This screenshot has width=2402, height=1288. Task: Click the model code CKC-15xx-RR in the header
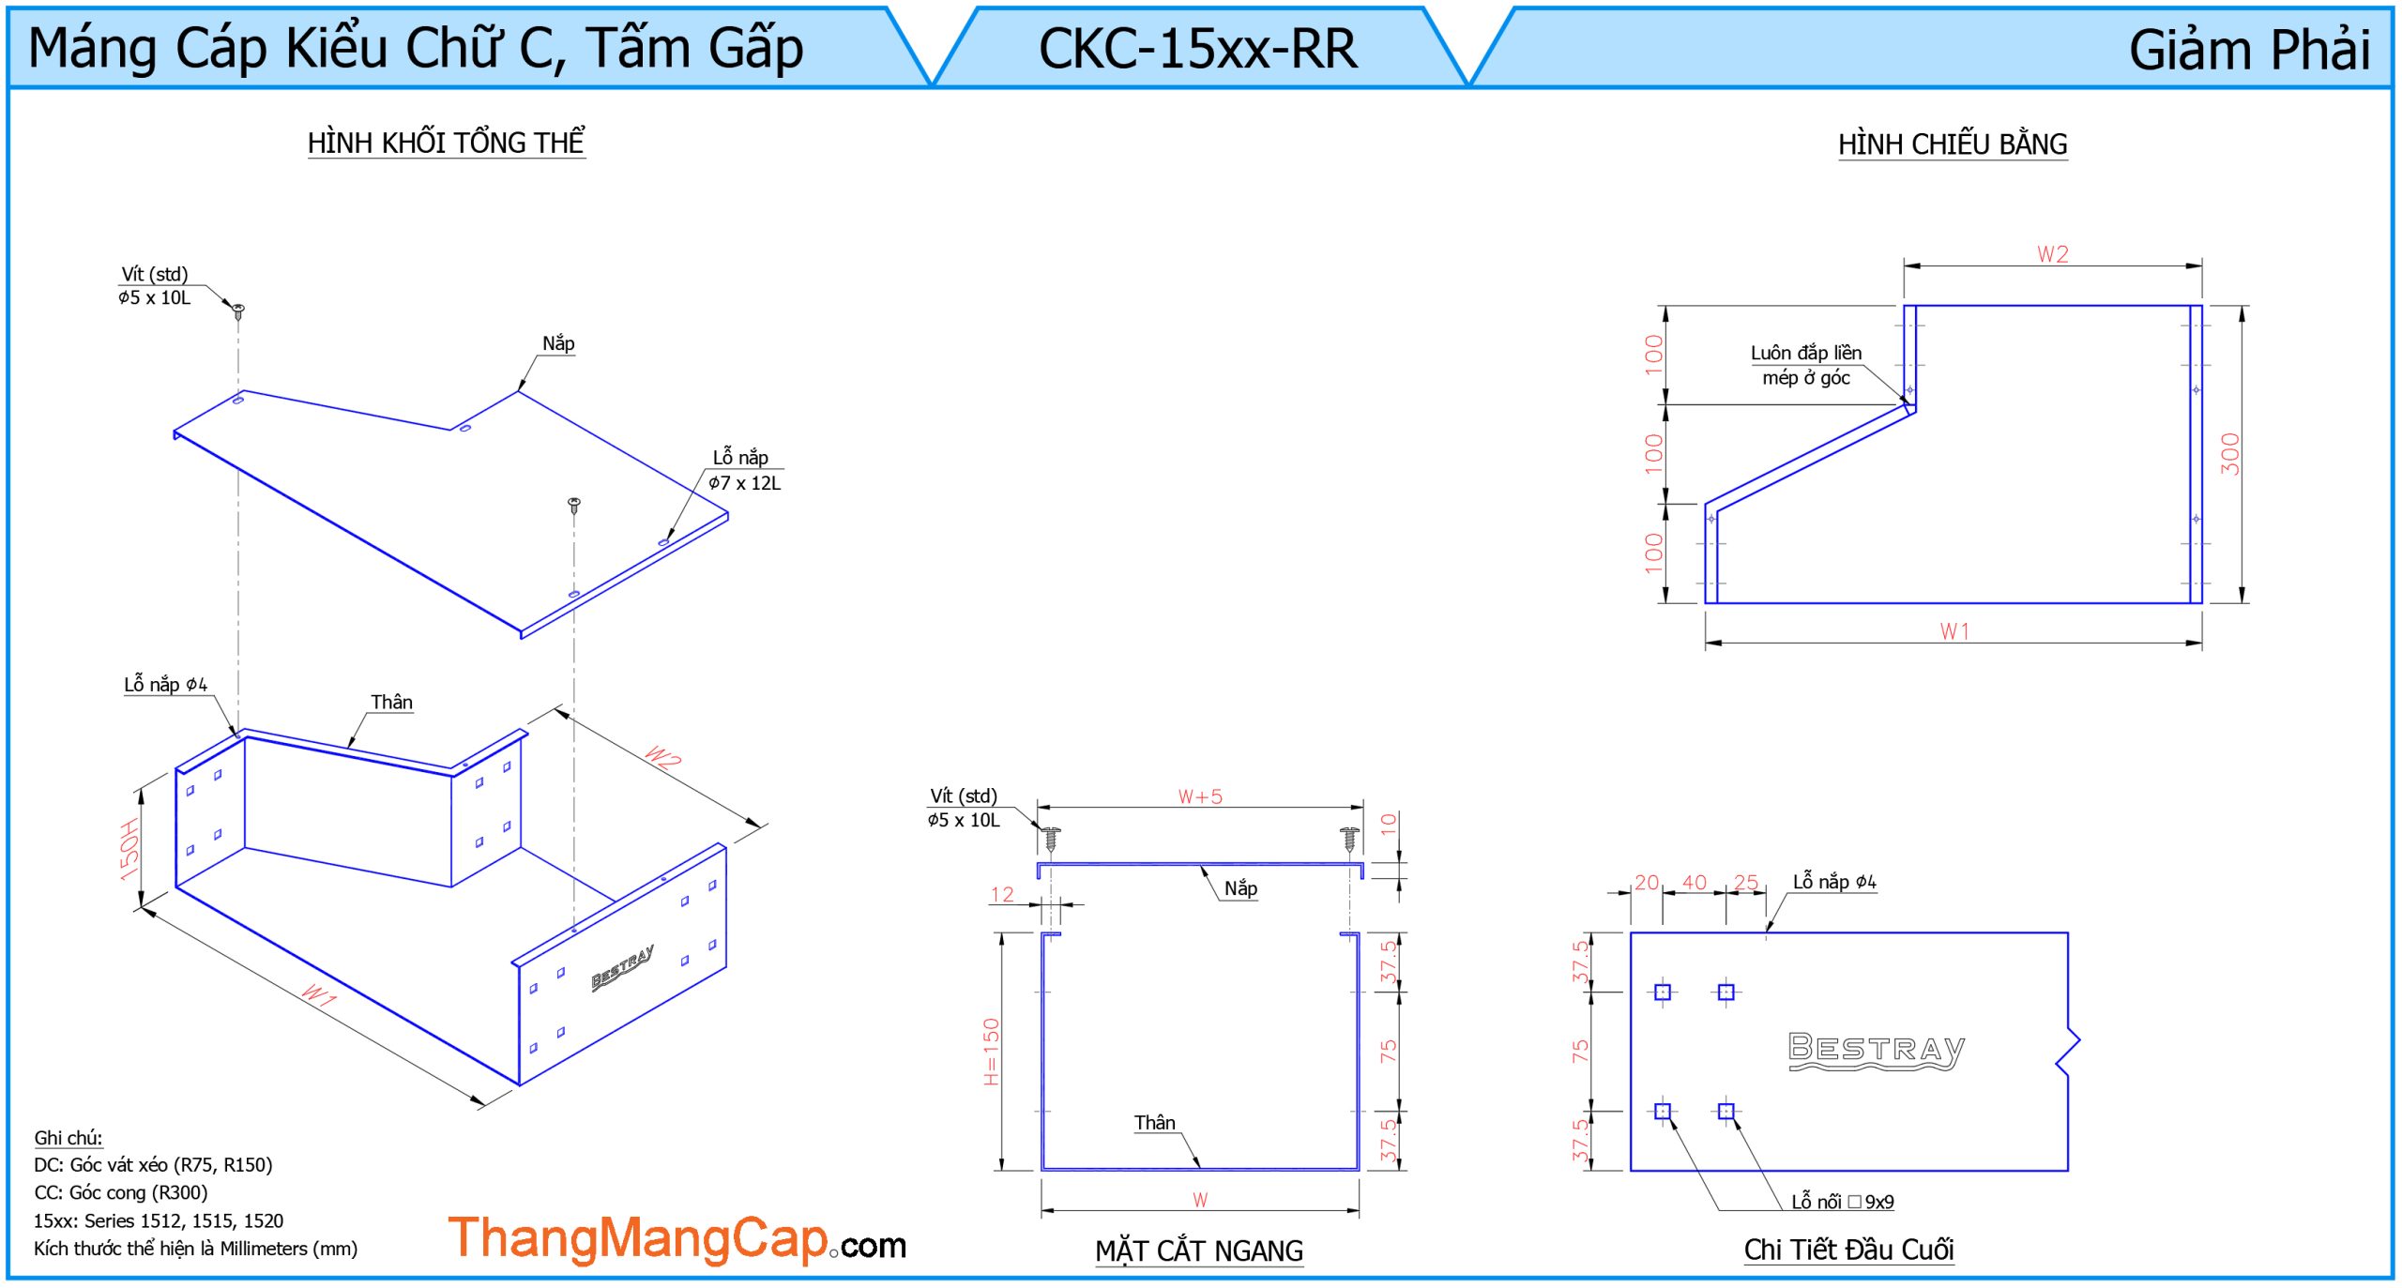pyautogui.click(x=1197, y=49)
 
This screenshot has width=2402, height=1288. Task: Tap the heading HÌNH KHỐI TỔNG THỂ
pyautogui.click(x=446, y=143)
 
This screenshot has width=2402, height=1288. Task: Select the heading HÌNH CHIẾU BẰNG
pyautogui.click(x=1952, y=144)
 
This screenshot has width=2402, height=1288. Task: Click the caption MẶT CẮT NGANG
pyautogui.click(x=1198, y=1250)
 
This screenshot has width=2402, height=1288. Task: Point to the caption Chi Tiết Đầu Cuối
pyautogui.click(x=1848, y=1249)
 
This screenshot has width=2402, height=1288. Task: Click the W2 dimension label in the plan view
pyautogui.click(x=2052, y=254)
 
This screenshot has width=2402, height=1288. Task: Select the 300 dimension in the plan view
pyautogui.click(x=2230, y=454)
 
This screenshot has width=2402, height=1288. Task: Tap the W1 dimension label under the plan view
pyautogui.click(x=1954, y=631)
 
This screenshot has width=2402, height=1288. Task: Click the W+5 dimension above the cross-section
pyautogui.click(x=1200, y=796)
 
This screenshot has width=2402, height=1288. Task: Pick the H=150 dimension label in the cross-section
pyautogui.click(x=991, y=1052)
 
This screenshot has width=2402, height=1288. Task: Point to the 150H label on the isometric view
pyautogui.click(x=129, y=849)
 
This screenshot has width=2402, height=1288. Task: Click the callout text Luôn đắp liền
pyautogui.click(x=1805, y=353)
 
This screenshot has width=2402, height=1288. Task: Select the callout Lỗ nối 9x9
pyautogui.click(x=1842, y=1202)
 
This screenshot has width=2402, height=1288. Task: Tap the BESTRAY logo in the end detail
pyautogui.click(x=1876, y=1050)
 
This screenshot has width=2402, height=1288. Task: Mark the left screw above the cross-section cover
pyautogui.click(x=1052, y=838)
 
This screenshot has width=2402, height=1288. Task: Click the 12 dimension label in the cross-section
pyautogui.click(x=1002, y=894)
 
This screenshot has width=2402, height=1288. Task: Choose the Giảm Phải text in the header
pyautogui.click(x=2248, y=50)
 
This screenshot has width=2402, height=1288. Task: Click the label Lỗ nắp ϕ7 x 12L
pyautogui.click(x=743, y=470)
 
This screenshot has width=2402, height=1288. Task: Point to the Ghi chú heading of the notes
pyautogui.click(x=68, y=1138)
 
